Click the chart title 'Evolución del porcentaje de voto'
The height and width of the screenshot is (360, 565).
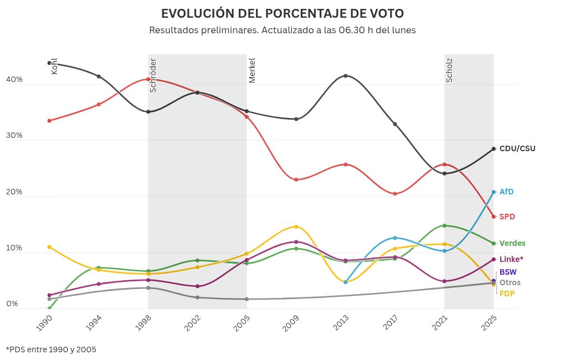click(x=282, y=13)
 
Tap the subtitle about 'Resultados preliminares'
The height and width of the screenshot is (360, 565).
click(x=282, y=30)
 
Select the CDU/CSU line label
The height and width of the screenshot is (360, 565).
click(x=517, y=148)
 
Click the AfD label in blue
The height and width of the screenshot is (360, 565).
click(x=506, y=192)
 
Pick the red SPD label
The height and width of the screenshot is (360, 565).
click(x=507, y=217)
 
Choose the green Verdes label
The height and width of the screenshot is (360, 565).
click(x=512, y=243)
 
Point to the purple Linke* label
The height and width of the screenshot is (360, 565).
click(x=511, y=259)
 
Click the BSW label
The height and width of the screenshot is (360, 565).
click(x=508, y=272)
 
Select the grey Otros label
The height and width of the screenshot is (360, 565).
click(x=510, y=282)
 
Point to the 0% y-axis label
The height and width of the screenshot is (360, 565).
click(x=12, y=304)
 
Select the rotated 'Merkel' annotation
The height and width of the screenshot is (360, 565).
click(x=252, y=70)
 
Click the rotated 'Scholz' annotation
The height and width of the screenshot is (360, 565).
click(x=449, y=70)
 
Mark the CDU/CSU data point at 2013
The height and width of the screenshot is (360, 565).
click(x=346, y=76)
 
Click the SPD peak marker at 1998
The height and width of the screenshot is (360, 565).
click(x=148, y=79)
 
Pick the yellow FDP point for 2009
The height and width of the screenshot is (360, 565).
click(x=296, y=227)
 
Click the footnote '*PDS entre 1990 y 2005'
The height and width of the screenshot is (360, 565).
click(x=51, y=349)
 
